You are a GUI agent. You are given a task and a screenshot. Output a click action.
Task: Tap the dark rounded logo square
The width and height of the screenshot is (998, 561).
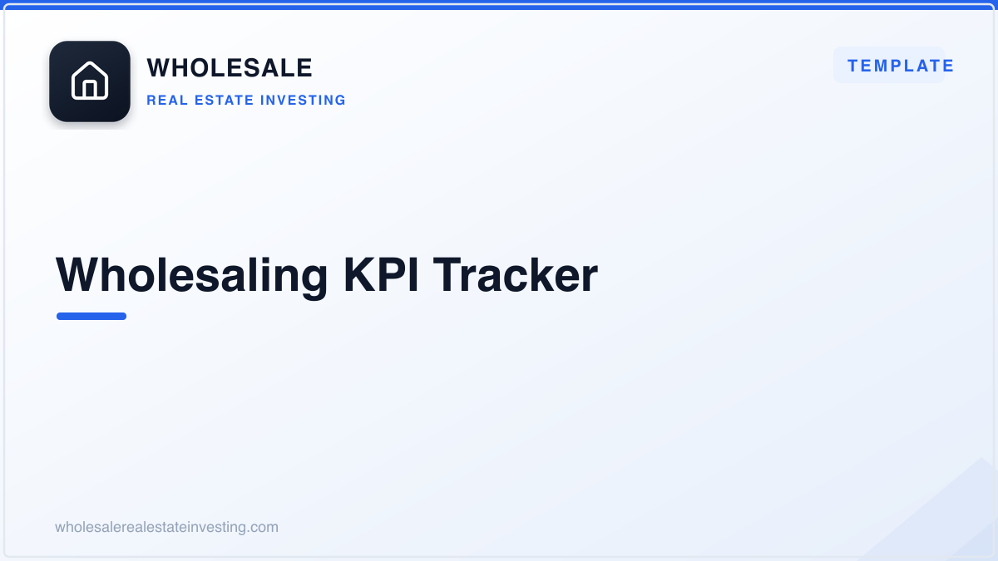coord(90,81)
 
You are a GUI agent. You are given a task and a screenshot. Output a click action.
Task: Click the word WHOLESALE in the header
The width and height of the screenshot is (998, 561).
coord(230,68)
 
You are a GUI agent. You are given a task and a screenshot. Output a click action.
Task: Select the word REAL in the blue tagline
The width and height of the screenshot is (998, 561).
coord(167,101)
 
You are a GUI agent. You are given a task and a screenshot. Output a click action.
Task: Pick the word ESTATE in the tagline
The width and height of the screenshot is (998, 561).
coord(224,101)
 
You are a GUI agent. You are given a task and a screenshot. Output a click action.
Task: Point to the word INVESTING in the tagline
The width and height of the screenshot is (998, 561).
coord(303,101)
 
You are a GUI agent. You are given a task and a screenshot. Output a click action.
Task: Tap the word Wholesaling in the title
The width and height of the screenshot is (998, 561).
coord(191,276)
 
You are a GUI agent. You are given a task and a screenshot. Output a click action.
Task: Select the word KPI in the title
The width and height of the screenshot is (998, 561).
coord(381,275)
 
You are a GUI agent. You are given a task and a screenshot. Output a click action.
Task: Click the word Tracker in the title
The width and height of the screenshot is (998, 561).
coord(515,275)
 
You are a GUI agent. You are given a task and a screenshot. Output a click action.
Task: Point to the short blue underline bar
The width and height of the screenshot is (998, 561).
coord(91,316)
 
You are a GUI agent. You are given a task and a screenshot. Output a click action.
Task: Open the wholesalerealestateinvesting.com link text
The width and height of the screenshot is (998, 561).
coord(166,527)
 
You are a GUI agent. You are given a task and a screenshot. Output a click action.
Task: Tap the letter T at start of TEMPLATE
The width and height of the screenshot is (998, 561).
coord(853,66)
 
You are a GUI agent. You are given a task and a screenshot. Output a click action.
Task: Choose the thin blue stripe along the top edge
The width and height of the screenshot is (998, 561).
coord(499,7)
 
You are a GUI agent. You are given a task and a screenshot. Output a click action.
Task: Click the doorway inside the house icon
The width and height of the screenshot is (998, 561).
coord(90,89)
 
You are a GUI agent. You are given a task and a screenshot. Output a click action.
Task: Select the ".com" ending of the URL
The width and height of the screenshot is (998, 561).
coord(263,527)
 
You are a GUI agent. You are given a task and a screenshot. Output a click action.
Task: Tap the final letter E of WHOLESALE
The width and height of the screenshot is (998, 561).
coord(304,68)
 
